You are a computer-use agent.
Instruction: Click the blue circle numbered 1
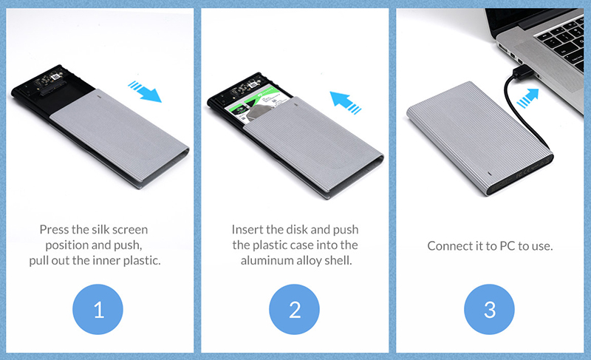pyautogui.click(x=98, y=309)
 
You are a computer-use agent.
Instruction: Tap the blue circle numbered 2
pyautogui.click(x=294, y=309)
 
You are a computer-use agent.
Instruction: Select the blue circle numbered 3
pyautogui.click(x=489, y=309)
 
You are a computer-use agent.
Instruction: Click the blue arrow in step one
pyautogui.click(x=146, y=92)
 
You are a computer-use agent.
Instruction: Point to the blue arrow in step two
pyautogui.click(x=345, y=102)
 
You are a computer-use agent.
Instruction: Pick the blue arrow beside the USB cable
pyautogui.click(x=528, y=98)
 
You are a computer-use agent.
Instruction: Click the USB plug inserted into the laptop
pyautogui.click(x=523, y=72)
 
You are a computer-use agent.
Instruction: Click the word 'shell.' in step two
pyautogui.click(x=338, y=260)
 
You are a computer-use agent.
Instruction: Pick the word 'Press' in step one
pyautogui.click(x=54, y=230)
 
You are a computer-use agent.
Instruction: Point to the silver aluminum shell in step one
pyautogui.click(x=120, y=137)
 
